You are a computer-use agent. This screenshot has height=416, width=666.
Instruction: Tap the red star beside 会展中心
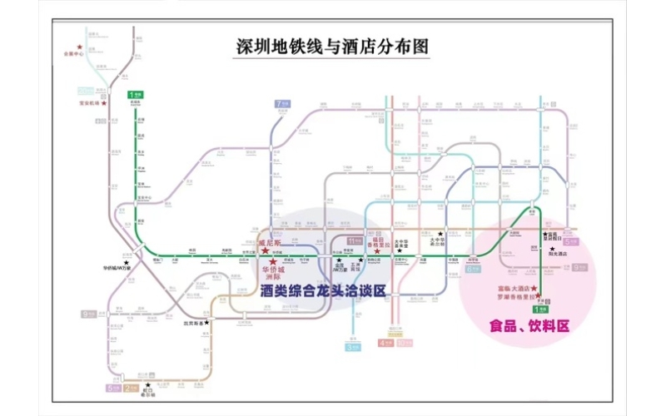coord(80,47)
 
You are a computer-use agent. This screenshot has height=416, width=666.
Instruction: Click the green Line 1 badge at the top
coord(133,95)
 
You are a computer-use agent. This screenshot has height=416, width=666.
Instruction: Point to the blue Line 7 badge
coord(280,104)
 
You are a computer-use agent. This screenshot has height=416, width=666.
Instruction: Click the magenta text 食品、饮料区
coord(529,327)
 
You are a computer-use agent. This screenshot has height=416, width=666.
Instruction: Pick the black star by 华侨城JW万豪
coord(127,262)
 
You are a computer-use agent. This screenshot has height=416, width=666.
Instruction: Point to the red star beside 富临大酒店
coord(534,289)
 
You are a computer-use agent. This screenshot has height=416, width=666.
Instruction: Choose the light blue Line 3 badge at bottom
coord(352,348)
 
